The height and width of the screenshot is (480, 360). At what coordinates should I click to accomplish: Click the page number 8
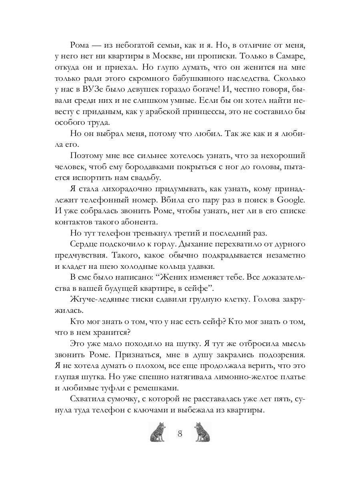pos(180,434)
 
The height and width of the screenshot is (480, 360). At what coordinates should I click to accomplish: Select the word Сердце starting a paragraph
pos(84,243)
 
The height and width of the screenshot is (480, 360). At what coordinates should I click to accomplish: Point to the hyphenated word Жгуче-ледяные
pos(100,298)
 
